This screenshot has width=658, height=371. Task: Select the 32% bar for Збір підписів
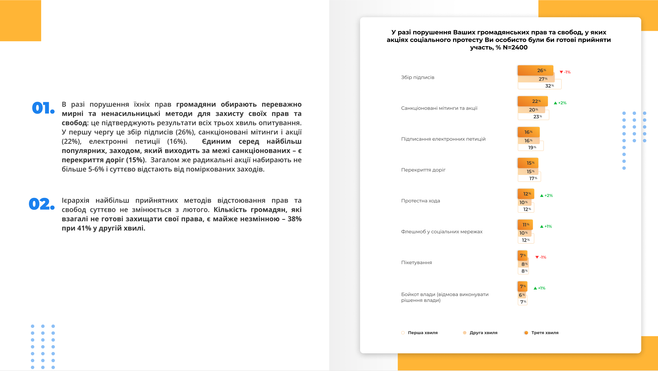539,86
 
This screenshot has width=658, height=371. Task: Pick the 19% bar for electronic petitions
530,148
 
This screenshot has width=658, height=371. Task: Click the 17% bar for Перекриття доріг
529,178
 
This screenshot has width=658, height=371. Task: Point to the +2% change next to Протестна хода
546,196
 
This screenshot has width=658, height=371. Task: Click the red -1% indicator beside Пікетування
541,257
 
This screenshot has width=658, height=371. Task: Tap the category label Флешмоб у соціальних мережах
442,232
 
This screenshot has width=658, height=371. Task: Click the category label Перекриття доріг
423,170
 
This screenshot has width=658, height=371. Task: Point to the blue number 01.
43,108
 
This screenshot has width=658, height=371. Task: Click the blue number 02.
41,204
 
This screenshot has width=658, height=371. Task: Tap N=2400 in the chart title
515,47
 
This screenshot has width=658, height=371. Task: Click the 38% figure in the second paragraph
294,219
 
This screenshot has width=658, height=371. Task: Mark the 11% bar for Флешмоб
525,225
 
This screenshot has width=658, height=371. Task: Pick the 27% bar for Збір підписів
536,79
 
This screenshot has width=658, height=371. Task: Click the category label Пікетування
416,263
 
